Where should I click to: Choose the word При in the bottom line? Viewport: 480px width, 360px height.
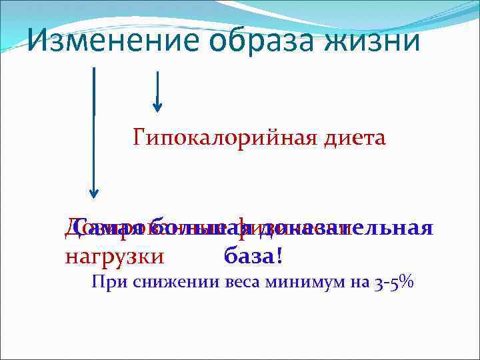click(x=104, y=283)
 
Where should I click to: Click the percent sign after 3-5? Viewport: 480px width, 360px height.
click(x=408, y=283)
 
